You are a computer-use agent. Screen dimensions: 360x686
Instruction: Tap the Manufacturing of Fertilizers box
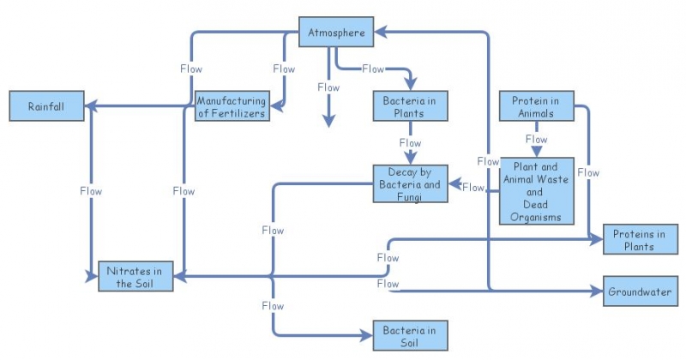pos(231,105)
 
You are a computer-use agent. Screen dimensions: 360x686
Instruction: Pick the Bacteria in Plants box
pos(410,106)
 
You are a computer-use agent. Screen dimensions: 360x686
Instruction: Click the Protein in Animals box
pos(536,106)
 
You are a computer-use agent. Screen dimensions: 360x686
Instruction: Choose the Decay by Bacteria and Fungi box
pos(411,184)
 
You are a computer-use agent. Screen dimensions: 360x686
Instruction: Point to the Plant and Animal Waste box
pos(536,191)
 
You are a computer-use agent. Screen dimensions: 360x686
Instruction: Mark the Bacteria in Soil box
pos(410,335)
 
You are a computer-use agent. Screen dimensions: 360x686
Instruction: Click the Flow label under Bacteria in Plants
pos(410,143)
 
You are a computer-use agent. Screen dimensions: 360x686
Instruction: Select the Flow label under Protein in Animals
pos(536,139)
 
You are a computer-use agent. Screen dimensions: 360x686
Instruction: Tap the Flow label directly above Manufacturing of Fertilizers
pos(283,69)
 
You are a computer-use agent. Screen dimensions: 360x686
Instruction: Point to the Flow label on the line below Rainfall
pos(90,191)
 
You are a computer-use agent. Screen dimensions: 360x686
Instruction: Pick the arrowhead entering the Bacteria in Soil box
pos(367,335)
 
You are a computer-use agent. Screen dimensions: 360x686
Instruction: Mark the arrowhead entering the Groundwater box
pos(599,291)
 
